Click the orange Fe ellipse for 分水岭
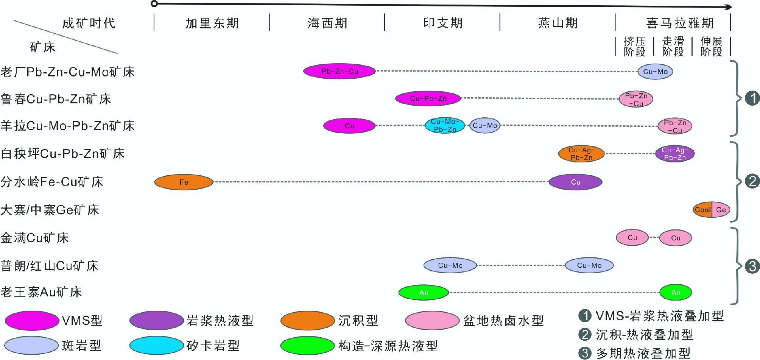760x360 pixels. (184, 182)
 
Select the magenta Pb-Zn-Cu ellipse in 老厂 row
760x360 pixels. (340, 71)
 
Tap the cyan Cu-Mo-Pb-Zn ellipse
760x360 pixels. (445, 125)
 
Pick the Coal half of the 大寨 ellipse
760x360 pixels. (702, 210)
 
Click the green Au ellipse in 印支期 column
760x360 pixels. (424, 292)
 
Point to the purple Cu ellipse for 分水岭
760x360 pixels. (575, 182)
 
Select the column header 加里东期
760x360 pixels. (212, 23)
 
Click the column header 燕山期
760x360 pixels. (558, 23)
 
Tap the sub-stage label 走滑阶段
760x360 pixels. (673, 47)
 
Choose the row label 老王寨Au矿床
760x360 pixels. (41, 292)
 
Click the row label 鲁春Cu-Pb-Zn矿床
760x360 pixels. (56, 99)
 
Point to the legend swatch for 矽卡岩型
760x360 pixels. (156, 345)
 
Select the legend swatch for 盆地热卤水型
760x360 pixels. (432, 321)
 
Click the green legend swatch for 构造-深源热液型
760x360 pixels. (307, 345)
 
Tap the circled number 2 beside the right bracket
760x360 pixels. (752, 181)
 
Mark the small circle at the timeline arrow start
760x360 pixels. (154, 4)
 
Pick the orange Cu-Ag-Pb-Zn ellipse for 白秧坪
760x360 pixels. (581, 154)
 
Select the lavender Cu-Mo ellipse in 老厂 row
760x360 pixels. (655, 72)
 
